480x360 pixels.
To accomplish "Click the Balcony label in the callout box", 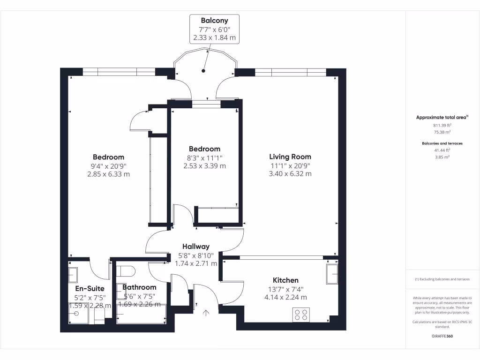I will click(214, 20).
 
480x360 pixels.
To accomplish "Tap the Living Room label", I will click(290, 157).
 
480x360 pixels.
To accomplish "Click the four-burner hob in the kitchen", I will click(300, 315).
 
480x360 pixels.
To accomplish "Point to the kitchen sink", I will click(333, 274).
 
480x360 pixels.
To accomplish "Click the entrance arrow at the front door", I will click(205, 313).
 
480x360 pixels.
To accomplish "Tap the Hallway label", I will click(196, 247).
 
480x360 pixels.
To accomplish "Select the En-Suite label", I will click(90, 289).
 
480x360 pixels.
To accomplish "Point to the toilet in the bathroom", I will click(127, 271).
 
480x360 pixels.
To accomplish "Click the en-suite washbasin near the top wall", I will click(73, 273).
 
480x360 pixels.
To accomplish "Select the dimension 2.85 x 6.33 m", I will click(108, 174).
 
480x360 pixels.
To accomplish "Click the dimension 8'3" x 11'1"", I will click(204, 157).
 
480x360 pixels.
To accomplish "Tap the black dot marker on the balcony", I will click(203, 71).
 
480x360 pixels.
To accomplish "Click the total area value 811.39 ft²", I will click(442, 126).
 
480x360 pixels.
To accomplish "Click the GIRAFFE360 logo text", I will click(442, 336).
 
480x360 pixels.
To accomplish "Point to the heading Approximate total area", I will click(442, 118).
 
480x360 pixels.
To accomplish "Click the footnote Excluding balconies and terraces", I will click(442, 279).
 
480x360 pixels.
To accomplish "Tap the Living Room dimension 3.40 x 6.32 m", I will click(290, 174).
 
